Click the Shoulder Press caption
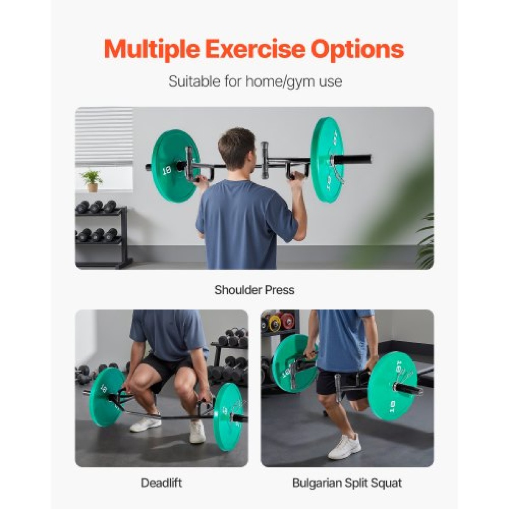[x=254, y=290]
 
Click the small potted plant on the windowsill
[x=92, y=181]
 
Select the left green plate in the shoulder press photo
[x=175, y=166]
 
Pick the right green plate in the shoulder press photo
[x=328, y=160]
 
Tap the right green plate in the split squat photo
[x=392, y=387]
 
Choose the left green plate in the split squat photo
[x=294, y=364]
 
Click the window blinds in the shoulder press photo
[x=104, y=136]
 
